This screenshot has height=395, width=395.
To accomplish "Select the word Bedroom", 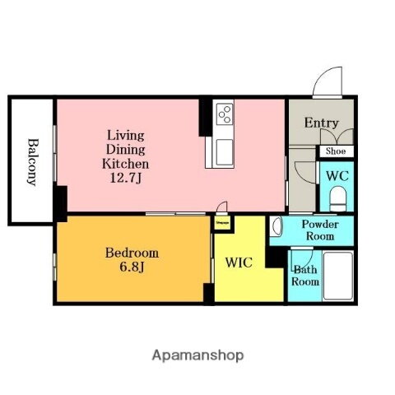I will click(132, 253).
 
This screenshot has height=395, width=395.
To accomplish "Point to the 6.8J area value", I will click(132, 267).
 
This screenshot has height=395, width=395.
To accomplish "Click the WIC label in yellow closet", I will click(239, 263).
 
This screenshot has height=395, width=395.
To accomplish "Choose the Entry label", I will click(321, 123).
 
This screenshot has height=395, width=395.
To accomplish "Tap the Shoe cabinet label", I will click(335, 151).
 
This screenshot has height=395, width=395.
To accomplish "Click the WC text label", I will click(337, 174).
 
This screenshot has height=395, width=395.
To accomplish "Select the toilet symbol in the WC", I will click(337, 197).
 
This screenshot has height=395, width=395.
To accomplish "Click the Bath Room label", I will click(305, 275).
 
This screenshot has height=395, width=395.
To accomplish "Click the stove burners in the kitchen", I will click(224, 114).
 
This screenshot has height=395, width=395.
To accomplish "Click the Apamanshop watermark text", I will click(197, 356).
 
